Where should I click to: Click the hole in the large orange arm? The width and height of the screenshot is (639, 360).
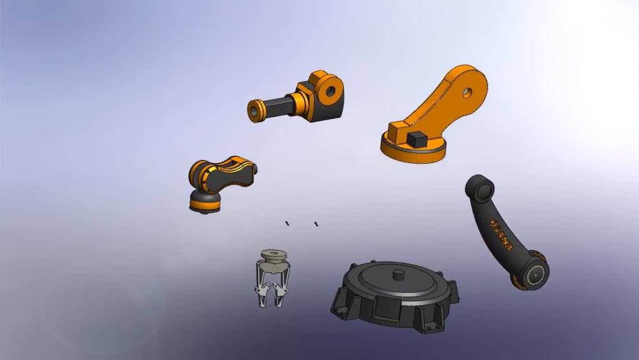(x=468, y=93)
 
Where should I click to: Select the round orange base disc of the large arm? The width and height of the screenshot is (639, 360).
(x=413, y=153)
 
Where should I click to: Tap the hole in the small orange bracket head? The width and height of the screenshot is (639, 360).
(x=330, y=91)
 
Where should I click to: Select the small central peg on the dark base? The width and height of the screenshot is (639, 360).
(x=399, y=274)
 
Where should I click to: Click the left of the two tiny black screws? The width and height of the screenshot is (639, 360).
(x=288, y=223)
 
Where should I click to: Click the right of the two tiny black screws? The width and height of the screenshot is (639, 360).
(x=316, y=224)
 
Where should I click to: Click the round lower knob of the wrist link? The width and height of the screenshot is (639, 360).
(x=205, y=203)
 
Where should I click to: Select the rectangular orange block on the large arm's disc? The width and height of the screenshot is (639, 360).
(x=399, y=131)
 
